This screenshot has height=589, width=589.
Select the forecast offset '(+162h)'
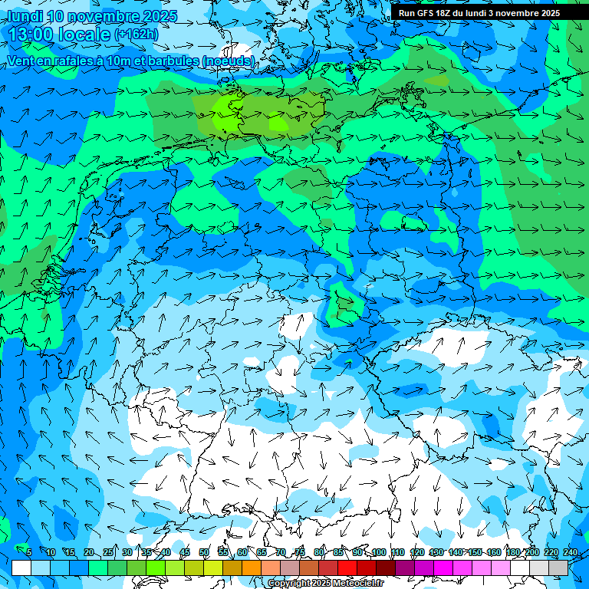pos(137,34)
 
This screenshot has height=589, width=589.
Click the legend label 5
pos(29,552)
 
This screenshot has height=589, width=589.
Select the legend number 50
pos(204,552)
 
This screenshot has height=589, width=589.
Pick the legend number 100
pos(379,552)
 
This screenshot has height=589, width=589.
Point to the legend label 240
pos(570,552)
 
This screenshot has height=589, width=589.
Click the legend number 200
pos(531,552)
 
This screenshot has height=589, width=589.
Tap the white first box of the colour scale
pos(21,568)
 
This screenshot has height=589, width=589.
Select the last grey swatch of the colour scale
pos(558,568)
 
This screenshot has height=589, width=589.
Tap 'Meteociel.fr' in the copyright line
pos(359,584)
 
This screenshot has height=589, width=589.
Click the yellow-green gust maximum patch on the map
pos(230,119)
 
